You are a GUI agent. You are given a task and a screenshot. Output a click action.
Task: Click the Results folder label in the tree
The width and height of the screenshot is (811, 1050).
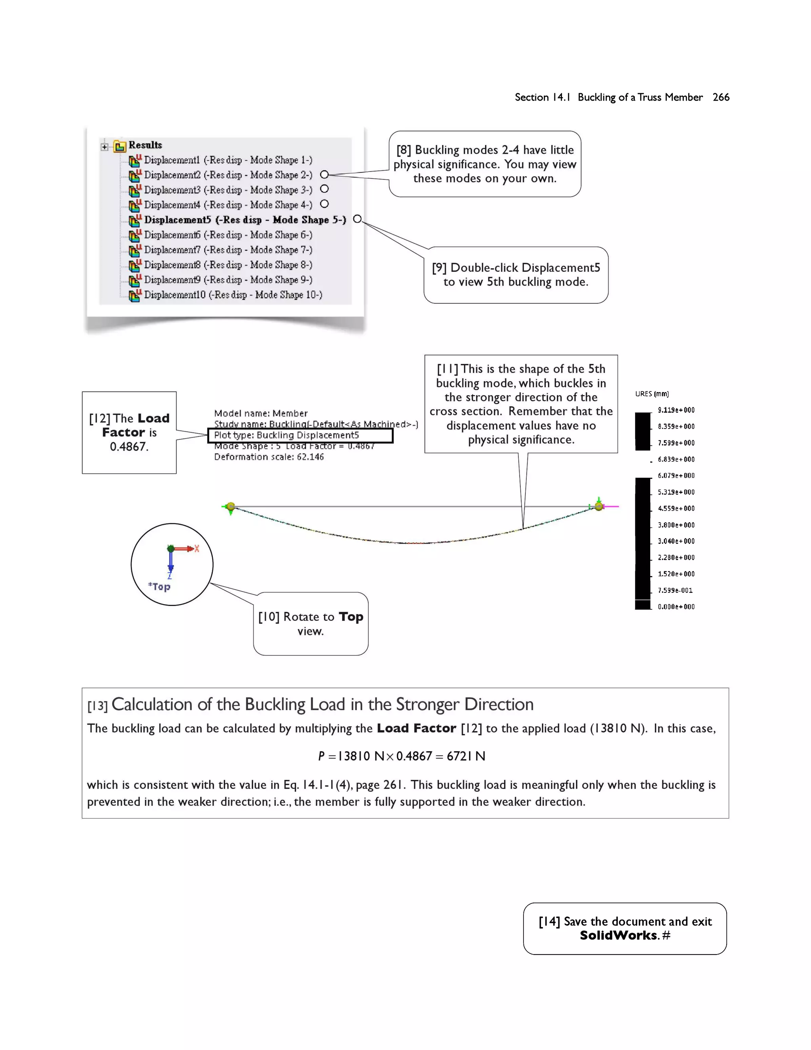tap(145, 145)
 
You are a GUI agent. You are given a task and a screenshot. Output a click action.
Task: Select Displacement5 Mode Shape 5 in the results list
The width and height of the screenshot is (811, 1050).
tap(245, 220)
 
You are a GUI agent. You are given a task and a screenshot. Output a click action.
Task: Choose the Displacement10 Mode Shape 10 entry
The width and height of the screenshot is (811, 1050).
tap(232, 295)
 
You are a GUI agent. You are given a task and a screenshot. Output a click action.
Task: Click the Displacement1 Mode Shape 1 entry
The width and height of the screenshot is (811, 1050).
tap(228, 160)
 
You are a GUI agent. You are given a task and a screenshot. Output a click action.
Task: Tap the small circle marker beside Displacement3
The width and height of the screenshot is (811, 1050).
tap(324, 189)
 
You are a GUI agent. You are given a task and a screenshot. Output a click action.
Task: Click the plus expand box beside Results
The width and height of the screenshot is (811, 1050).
tap(104, 147)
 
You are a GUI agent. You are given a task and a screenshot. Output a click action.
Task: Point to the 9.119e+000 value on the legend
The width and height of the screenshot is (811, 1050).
tap(676, 410)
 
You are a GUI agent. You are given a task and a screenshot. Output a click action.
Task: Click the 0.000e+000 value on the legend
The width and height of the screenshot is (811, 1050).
tap(676, 607)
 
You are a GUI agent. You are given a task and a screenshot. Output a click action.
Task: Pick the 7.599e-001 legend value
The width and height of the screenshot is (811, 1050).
tap(675, 590)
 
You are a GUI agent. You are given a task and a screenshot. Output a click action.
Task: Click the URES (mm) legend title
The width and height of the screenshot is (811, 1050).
tap(651, 394)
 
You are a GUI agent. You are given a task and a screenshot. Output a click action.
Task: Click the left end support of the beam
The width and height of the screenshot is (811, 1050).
tap(230, 507)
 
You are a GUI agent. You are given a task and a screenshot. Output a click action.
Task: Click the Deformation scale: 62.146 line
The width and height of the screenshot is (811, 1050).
tap(268, 457)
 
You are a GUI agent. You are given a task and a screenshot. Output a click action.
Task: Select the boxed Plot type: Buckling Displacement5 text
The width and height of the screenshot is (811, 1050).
tap(286, 435)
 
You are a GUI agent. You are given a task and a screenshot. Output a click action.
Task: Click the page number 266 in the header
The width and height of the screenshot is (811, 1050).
tap(721, 97)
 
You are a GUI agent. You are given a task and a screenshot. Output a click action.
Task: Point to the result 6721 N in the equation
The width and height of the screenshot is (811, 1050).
tap(466, 756)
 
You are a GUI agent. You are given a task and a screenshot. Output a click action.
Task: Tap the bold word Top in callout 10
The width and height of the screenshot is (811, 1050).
tap(351, 617)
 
